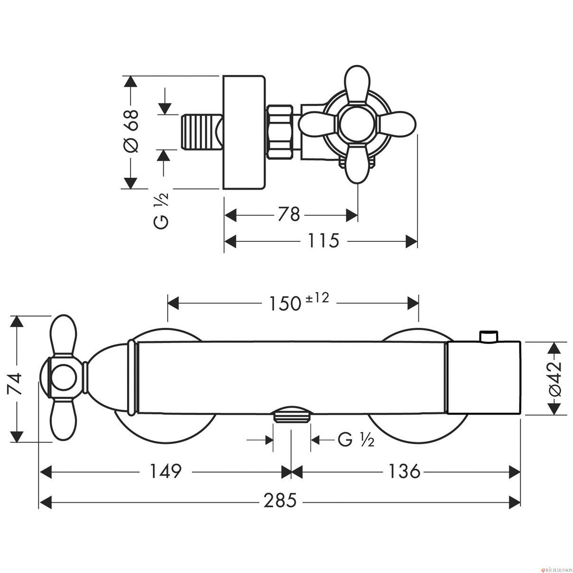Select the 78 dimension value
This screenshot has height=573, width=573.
pyautogui.click(x=288, y=214)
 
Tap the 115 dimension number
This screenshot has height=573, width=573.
pyautogui.click(x=323, y=240)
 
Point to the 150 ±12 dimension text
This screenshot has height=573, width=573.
pyautogui.click(x=299, y=303)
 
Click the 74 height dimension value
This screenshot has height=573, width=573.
pyautogui.click(x=15, y=383)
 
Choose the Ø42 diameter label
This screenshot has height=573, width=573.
pyautogui.click(x=555, y=379)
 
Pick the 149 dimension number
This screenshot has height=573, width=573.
pyautogui.click(x=166, y=471)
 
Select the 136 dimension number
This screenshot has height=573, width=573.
pyautogui.click(x=404, y=471)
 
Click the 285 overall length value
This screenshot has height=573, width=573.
pyautogui.click(x=280, y=500)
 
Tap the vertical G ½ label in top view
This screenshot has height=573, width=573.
pyautogui.click(x=162, y=211)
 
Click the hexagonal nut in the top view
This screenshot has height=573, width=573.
pyautogui.click(x=280, y=130)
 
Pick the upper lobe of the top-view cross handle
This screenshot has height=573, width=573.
pyautogui.click(x=357, y=84)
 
